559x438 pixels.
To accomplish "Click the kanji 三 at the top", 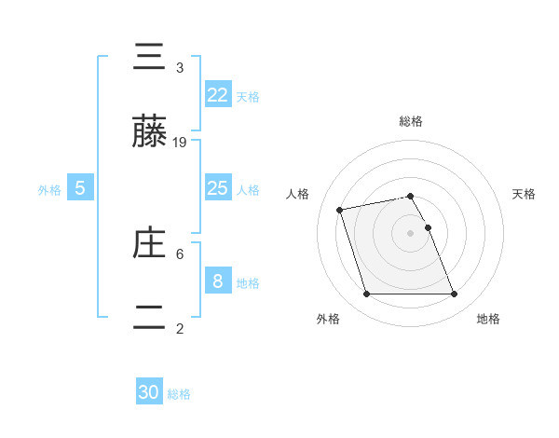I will point(150,59).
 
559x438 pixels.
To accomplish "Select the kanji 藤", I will point(150,132).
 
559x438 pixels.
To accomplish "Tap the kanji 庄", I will point(150,244).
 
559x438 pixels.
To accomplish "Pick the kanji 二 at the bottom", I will point(150,318).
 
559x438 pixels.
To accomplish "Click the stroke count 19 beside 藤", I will point(180,143).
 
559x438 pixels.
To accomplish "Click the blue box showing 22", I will point(217,94).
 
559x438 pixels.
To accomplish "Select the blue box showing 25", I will point(217,188).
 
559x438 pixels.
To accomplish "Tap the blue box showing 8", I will point(217,281).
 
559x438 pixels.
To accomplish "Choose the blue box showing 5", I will point(80,188).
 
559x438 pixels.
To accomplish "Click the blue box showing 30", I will point(149,392).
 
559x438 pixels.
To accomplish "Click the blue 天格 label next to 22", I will point(248,97).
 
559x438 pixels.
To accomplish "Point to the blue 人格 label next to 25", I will point(248,190).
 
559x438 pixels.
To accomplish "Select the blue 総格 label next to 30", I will point(179,394).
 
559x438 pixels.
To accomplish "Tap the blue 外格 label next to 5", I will point(49,190).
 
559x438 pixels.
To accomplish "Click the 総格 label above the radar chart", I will point(411,121).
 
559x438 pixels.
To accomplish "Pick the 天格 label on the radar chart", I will point(524,194).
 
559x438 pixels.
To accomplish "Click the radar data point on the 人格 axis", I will point(340,209).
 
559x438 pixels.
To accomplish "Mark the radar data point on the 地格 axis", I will point(454,294).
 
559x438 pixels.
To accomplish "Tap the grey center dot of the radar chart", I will point(411,232).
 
